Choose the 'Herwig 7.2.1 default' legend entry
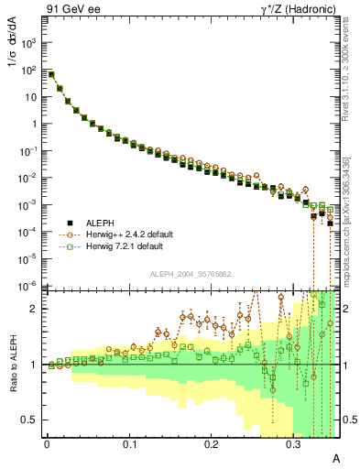[125, 247]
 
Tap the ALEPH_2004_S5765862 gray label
[190, 274]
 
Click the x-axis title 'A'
[335, 458]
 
